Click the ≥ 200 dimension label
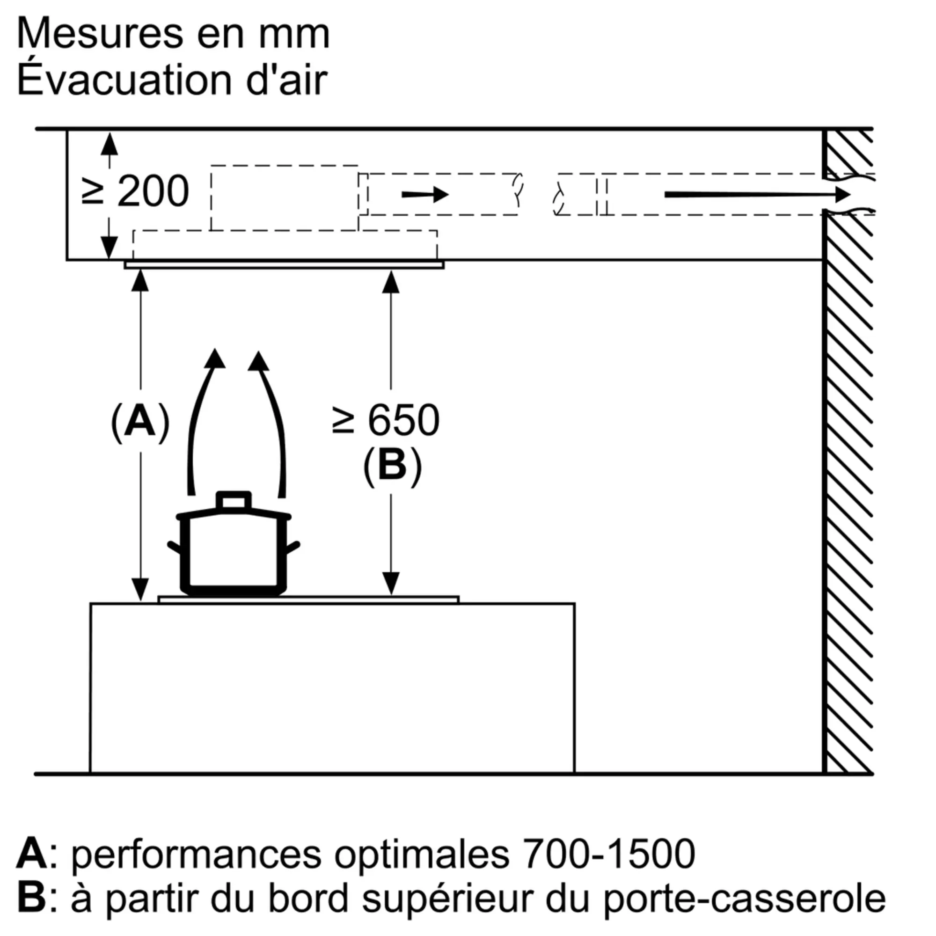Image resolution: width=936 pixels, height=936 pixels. click(x=135, y=191)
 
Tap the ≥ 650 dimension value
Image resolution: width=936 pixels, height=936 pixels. click(x=386, y=420)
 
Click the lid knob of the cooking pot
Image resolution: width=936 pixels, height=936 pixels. click(x=234, y=500)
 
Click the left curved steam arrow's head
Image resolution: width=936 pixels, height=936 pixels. click(x=214, y=358)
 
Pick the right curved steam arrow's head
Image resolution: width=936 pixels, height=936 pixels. click(x=259, y=361)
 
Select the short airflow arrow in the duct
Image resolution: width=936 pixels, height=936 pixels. click(x=425, y=195)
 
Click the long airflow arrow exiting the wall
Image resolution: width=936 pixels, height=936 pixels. click(x=757, y=195)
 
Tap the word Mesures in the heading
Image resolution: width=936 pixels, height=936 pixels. click(x=102, y=33)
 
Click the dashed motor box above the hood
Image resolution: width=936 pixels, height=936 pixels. click(x=285, y=197)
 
